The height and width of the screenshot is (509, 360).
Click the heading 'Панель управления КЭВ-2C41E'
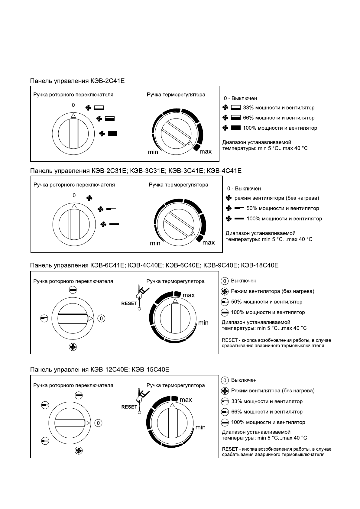coord(77,81)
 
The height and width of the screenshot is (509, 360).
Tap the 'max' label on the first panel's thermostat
coord(206,151)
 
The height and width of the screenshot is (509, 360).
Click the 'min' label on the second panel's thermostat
coord(155,243)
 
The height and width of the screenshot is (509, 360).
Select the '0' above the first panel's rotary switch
coord(73,105)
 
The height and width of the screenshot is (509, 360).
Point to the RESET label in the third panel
coord(129,303)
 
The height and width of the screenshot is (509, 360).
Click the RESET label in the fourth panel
coord(129,407)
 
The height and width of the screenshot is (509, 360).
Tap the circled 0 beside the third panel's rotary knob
coord(102,318)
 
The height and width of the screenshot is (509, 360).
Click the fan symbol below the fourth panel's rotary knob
coord(79,451)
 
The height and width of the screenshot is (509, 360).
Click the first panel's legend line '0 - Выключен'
coord(240,99)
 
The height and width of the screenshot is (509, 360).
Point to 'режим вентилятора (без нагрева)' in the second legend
coord(277,198)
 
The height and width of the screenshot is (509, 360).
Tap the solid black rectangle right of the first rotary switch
coord(112,134)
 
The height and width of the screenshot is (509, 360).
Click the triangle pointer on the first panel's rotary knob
coord(73,115)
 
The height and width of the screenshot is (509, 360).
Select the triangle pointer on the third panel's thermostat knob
coord(175,300)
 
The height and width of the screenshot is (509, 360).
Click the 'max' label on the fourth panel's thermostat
coord(186,400)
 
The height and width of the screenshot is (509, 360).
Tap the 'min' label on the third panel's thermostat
coord(203,323)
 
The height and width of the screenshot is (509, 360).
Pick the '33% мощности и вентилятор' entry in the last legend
coord(267,401)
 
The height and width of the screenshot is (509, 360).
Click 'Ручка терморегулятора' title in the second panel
coord(178,185)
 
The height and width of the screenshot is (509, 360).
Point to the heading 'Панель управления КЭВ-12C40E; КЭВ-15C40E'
coord(99,370)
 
